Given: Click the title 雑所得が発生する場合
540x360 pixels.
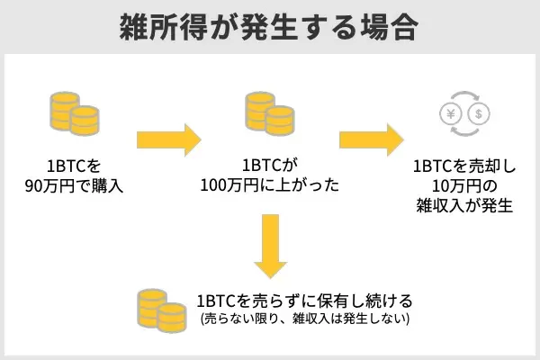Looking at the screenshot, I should pos(269,27).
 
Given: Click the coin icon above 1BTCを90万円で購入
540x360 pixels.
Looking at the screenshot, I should pos(73,113).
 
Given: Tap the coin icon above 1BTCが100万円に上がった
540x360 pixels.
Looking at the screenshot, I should pos(270,113).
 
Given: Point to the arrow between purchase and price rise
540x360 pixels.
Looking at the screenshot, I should pos(168,140).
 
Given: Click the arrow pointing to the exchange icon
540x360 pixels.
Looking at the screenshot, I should pos(371,140).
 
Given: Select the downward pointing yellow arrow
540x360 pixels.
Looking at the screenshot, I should pos(270,245).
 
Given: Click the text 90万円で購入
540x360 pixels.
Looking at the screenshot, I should pos(74,187).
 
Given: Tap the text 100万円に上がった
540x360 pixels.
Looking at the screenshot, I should pos(270,187).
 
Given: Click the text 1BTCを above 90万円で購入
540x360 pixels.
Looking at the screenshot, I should pos(74,167).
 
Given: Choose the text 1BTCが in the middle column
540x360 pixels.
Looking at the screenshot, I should pos(270,167).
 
